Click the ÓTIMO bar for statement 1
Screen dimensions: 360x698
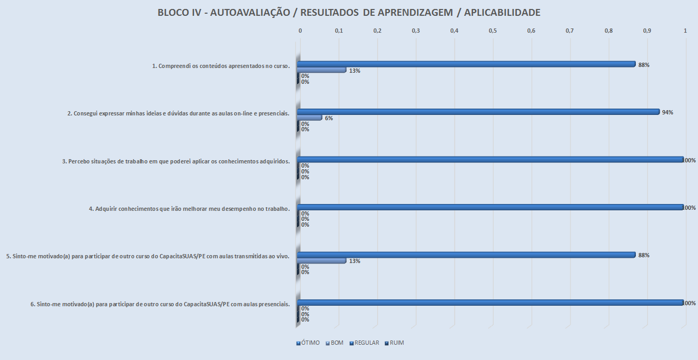pos(466,64)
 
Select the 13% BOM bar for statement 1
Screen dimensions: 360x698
pos(321,70)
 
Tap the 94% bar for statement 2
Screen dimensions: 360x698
pos(478,112)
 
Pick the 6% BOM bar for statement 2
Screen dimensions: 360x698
pos(309,118)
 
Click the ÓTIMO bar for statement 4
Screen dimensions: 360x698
pos(490,207)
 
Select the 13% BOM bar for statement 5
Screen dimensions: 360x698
pos(321,260)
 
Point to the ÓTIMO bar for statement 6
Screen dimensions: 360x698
pos(490,303)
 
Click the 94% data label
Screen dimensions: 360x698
pos(667,112)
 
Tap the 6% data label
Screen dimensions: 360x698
pos(329,118)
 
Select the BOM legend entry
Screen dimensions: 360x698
pos(335,343)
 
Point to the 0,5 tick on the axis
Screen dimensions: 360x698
pos(493,31)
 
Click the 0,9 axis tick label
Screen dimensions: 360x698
pos(647,31)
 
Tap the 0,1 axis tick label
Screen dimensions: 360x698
pos(339,31)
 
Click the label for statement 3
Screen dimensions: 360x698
pos(176,161)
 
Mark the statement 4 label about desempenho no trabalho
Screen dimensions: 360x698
pos(189,209)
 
